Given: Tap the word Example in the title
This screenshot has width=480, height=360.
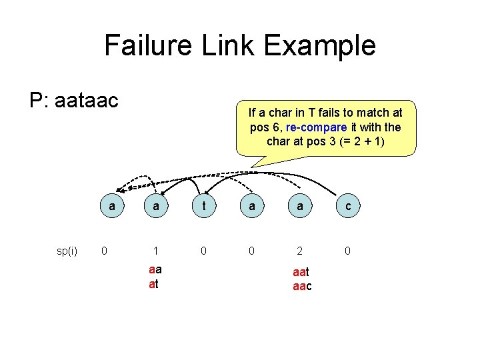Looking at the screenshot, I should pos(320,46).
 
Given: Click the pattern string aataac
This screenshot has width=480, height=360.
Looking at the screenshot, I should pos(87,101).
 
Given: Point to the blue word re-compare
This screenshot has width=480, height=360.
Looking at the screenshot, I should pos(313,127).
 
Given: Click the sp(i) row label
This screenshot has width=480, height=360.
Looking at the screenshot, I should pos(67,251).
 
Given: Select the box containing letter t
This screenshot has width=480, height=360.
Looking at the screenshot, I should pos(204,207).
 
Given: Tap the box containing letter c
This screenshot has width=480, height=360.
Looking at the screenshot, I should pos(349,207).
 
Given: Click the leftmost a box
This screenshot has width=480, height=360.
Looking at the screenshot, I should pos(111,207).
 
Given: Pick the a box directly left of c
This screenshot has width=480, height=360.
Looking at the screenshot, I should pos(300,207).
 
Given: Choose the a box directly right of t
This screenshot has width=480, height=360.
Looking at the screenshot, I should pos(251,207).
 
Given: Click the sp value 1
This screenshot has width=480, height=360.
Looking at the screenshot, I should pos(155,251).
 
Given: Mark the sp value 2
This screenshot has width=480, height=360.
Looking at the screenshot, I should pos(300,251).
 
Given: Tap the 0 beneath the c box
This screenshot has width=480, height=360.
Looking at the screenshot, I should pos(349,251).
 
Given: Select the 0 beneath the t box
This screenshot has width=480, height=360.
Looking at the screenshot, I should pos(204,251).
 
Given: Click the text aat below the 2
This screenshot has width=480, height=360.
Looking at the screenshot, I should pos(301,273).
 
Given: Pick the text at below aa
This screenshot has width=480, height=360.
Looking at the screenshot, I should pos(153,283).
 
